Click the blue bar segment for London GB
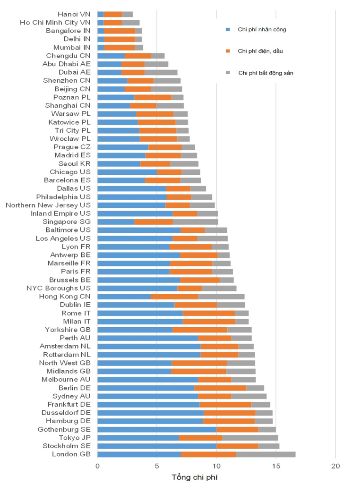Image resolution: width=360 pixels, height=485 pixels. tap(139, 454)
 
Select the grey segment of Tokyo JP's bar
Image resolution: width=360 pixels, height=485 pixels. tap(250, 438)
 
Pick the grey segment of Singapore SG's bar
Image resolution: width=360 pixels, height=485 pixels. tap(196, 222)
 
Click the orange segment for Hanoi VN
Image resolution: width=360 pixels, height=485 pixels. tap(112, 14)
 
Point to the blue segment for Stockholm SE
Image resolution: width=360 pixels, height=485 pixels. tap(157, 446)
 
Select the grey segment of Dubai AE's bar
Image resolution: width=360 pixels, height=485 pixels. tap(161, 72)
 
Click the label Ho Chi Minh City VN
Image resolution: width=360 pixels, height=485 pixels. tap(55, 22)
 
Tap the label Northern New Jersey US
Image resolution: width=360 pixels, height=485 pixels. tap(48, 205)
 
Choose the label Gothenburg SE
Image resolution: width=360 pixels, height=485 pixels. tap(64, 429)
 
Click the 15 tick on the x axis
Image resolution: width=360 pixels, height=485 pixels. tap(276, 466)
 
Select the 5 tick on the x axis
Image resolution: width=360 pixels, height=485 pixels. tap(157, 466)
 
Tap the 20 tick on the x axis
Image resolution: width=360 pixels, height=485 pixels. tap(335, 466)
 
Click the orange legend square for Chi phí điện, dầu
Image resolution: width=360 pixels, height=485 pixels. tap(228, 51)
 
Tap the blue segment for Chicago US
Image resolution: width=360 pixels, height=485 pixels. tap(127, 172)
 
